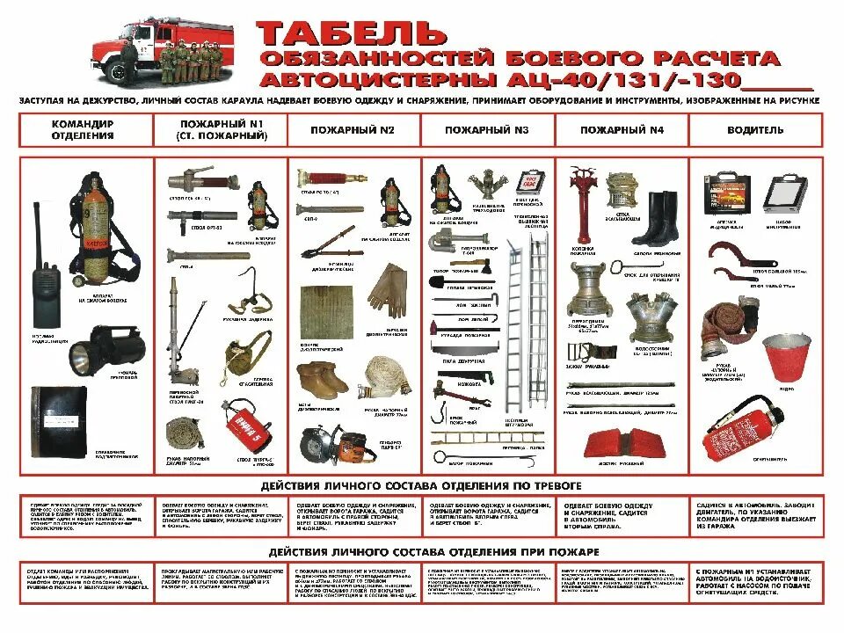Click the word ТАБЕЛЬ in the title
point(352,33)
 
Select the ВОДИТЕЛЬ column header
point(755,130)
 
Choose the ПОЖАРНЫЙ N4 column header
point(622,130)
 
